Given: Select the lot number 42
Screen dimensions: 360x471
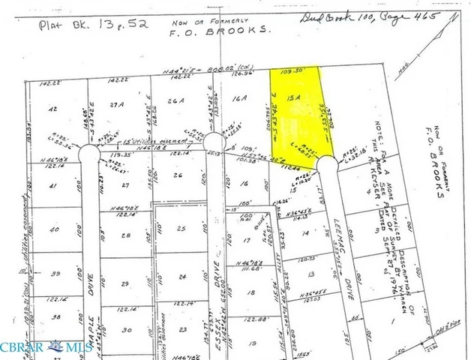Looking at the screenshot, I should tap(52, 109).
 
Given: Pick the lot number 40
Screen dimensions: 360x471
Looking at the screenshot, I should tap(53, 230).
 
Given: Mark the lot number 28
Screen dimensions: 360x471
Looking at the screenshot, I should tap(126, 235).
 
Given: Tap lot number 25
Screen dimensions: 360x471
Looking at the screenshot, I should tap(180, 228).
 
